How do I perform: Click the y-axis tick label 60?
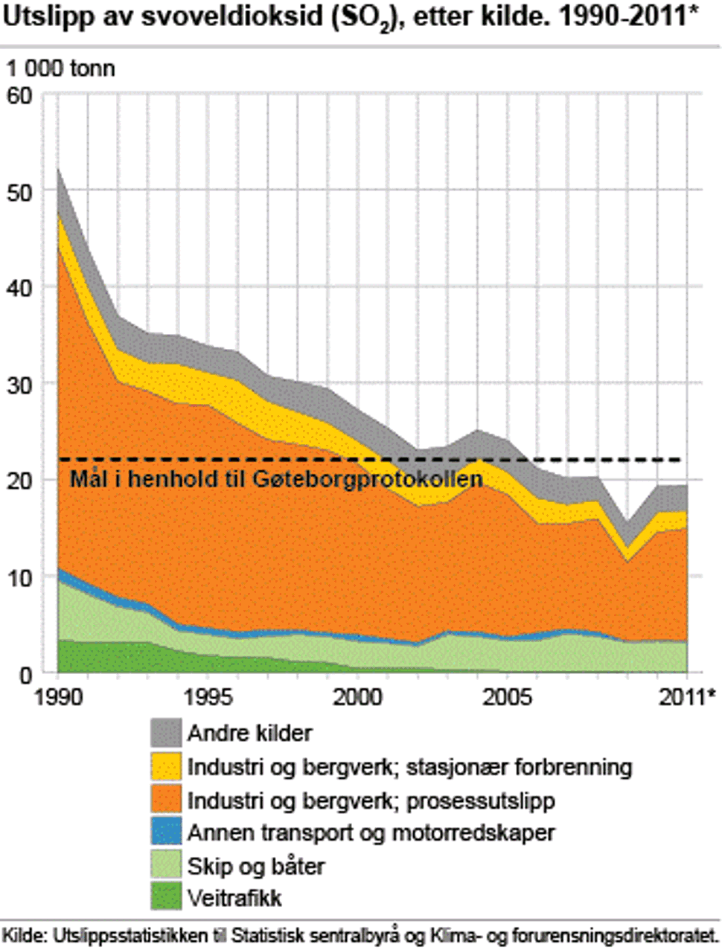tap(21, 96)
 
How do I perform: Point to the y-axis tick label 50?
tap(21, 192)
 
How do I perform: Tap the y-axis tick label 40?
tap(21, 288)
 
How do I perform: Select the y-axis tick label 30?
tap(21, 384)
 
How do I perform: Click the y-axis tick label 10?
tap(21, 577)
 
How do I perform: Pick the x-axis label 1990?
tap(58, 697)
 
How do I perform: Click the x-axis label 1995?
tap(208, 697)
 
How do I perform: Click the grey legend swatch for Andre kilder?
tap(165, 733)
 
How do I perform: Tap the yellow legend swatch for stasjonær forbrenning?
tap(165, 766)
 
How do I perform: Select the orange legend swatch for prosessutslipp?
tap(165, 800)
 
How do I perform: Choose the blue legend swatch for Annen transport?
tap(165, 832)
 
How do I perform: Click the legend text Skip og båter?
tap(256, 866)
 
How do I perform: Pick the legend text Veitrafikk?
tap(234, 898)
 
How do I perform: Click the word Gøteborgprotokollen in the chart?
tap(367, 479)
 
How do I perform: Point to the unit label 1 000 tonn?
tap(61, 68)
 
